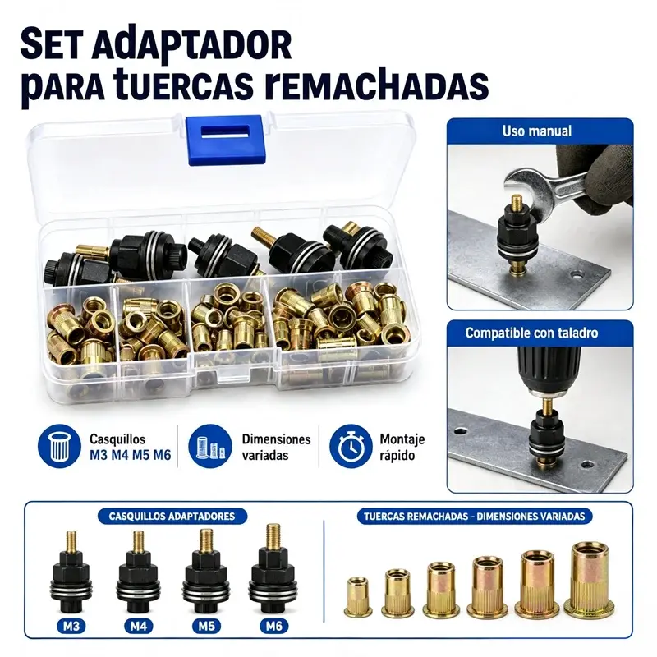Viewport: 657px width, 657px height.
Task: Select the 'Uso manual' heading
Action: point(537,131)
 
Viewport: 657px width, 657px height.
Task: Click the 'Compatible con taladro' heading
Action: point(531,333)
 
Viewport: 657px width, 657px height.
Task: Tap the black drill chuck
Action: point(549,368)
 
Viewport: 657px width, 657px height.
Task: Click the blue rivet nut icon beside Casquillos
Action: point(58,446)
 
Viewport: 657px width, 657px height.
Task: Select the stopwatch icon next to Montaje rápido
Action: point(351,446)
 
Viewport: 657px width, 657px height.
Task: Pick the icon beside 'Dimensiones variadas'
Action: point(209,446)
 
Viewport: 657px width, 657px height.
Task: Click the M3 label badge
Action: point(71,627)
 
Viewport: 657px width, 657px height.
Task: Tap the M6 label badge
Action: point(273,627)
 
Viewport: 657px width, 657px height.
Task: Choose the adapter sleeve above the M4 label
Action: point(138,574)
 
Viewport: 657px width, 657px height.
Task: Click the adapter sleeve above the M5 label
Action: point(205,573)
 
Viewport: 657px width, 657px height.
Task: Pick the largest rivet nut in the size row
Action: point(589,577)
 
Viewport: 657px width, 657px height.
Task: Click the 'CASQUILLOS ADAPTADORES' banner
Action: point(172,516)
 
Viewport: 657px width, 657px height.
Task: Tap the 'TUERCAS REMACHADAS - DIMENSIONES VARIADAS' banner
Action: point(475,516)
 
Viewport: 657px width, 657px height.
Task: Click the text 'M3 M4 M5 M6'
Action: point(131,455)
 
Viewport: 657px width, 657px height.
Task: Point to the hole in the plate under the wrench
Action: point(578,275)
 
